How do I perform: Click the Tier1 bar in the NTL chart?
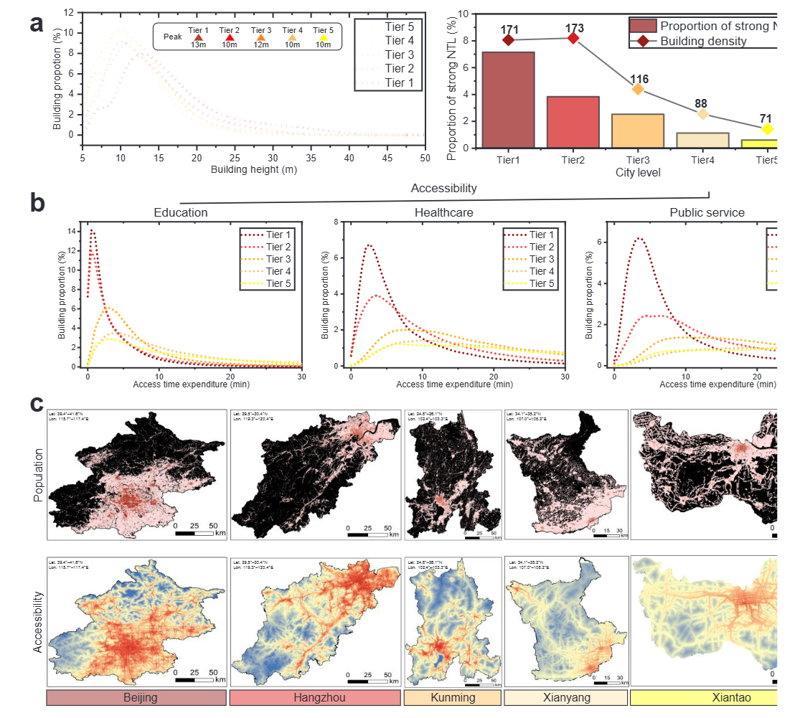point(508,100)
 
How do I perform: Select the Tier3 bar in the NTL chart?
point(638,131)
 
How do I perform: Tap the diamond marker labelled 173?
point(573,37)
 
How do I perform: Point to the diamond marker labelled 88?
point(702,114)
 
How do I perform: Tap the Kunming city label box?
point(452,698)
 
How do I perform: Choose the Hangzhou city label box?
point(315,698)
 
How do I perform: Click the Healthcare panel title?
point(444,212)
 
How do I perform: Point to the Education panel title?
point(181,212)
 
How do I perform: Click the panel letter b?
point(39,202)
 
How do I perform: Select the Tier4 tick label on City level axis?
point(702,159)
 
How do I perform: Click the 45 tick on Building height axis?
point(387,159)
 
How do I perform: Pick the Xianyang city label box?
point(565,698)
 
